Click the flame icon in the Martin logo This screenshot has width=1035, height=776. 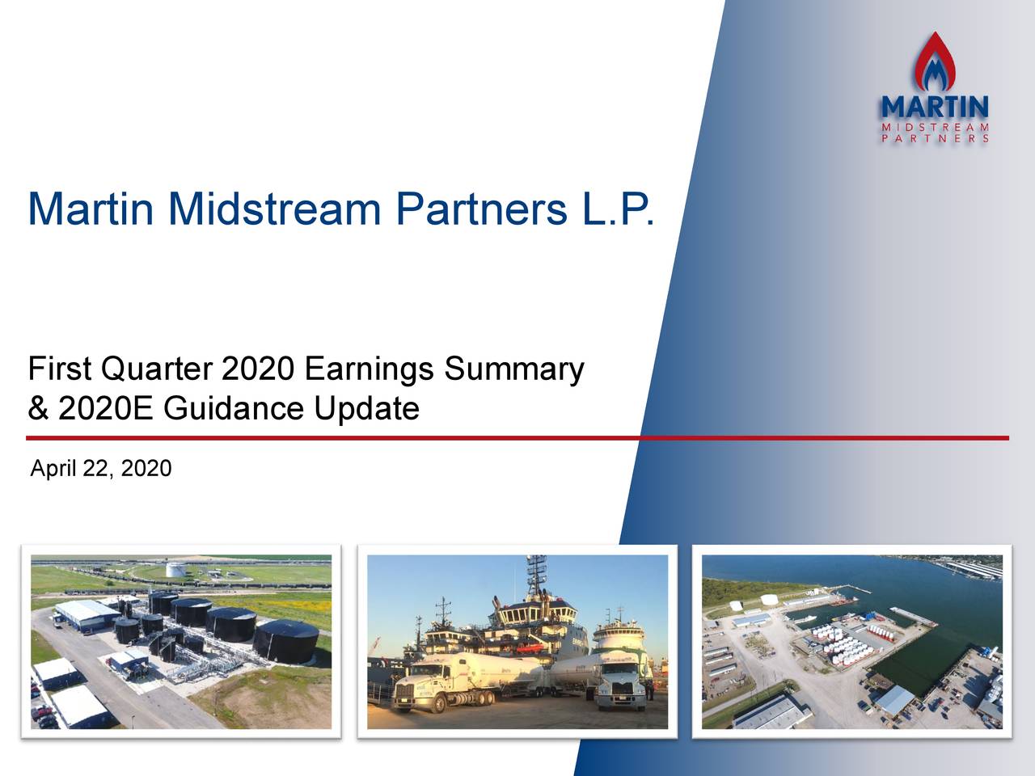934,63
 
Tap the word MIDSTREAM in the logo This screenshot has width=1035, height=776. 934,126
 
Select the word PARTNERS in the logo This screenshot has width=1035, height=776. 934,138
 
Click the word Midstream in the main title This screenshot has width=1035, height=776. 274,209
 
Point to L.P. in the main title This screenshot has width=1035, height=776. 616,209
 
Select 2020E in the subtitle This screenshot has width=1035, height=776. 104,409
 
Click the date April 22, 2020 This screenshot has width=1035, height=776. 100,469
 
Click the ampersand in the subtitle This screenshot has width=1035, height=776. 37,409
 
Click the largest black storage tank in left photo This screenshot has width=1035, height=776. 285,639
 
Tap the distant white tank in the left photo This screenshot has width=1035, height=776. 175,569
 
